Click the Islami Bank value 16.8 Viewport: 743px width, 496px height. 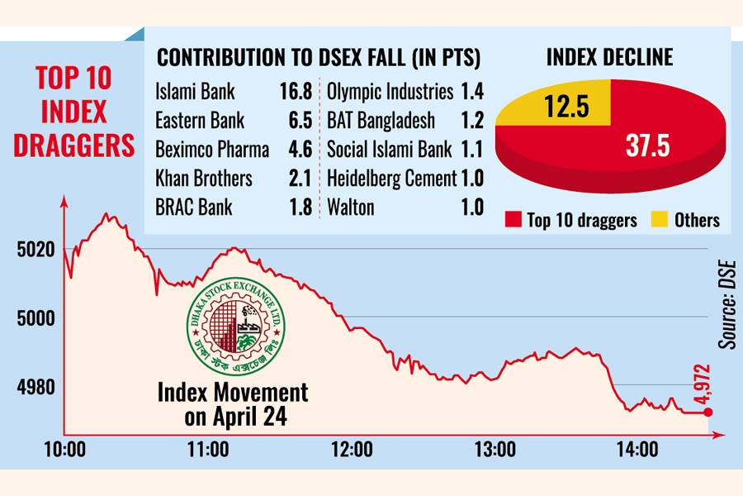tap(296, 92)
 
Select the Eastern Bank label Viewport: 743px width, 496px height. tap(200, 121)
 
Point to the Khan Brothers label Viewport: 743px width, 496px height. tap(204, 178)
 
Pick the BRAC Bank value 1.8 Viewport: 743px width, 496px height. tap(301, 207)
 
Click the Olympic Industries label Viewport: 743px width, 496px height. tap(390, 92)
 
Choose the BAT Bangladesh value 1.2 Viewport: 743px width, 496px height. tap(472, 121)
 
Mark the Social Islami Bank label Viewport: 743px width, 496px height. tap(390, 150)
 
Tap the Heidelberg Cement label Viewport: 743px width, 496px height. tap(391, 178)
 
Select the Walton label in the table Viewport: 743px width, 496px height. tap(351, 207)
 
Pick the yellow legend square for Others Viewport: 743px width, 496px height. tap(659, 220)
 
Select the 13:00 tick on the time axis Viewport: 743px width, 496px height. tap(496, 450)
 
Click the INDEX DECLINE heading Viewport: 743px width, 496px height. tap(610, 57)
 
